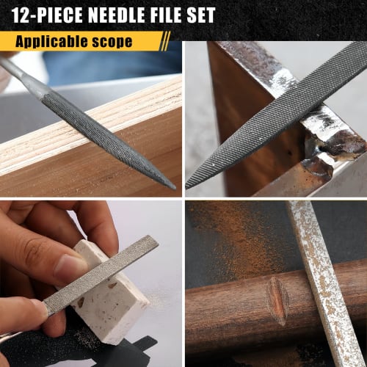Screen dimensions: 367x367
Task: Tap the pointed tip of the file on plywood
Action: [173, 186]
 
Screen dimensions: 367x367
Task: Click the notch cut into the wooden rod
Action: [277, 301]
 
